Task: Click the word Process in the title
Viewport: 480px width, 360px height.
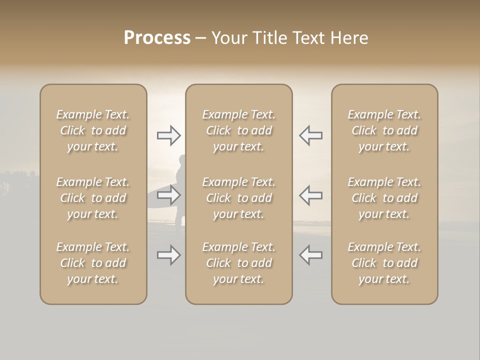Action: (x=157, y=38)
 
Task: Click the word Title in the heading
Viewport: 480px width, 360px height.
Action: (x=269, y=38)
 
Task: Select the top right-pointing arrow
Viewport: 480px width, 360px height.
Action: (x=168, y=135)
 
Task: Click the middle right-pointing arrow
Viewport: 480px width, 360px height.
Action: (x=168, y=195)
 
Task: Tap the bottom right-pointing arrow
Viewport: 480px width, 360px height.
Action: (x=168, y=255)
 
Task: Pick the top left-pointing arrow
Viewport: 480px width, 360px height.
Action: (x=310, y=135)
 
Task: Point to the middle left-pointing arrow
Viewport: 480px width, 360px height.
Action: (x=310, y=195)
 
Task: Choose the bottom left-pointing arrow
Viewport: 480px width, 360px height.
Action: (x=310, y=255)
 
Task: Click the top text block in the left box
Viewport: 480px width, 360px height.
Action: (x=93, y=130)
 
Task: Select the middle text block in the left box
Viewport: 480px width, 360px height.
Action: (x=93, y=198)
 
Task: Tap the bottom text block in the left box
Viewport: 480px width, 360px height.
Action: (x=93, y=263)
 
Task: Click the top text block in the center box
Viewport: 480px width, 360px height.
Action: (x=238, y=130)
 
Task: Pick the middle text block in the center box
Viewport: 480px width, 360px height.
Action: (x=238, y=198)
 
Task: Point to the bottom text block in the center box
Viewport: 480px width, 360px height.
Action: (x=238, y=263)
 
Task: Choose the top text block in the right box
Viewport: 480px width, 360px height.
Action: (x=384, y=130)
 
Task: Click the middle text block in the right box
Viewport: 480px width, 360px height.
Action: (x=384, y=198)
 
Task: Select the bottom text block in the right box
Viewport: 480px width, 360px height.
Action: (x=384, y=263)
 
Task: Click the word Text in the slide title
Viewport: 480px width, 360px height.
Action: (x=309, y=38)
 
